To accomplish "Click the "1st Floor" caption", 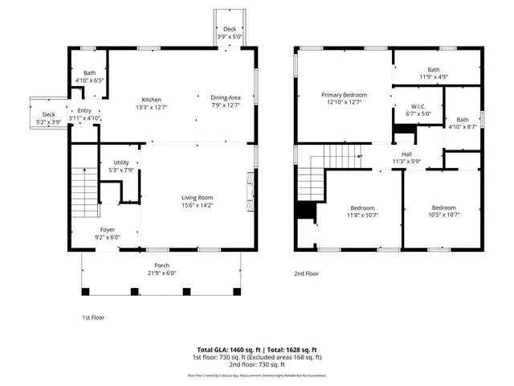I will click(x=93, y=317).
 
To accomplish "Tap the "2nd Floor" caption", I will click(x=306, y=273).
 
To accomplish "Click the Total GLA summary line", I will click(x=257, y=350).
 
